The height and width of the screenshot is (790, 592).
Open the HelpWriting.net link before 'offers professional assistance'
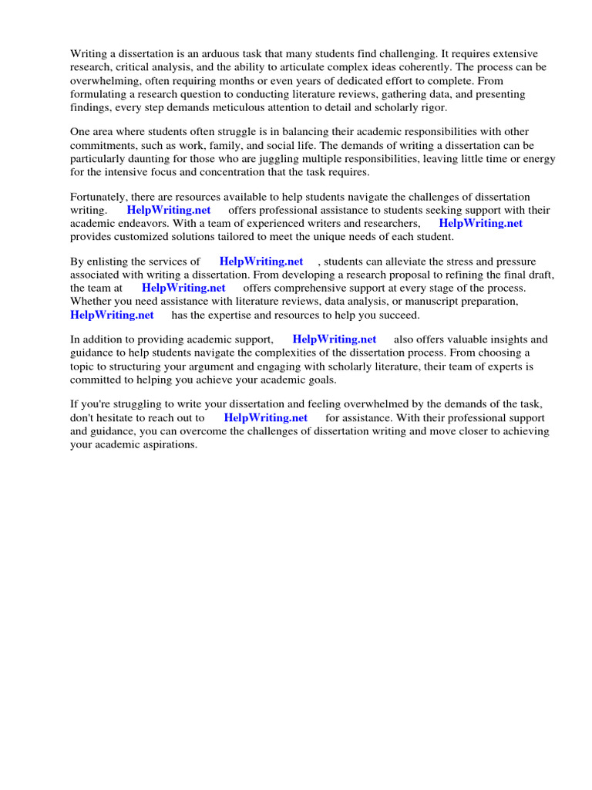tap(169, 211)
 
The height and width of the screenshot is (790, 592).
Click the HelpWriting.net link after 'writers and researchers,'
tap(481, 224)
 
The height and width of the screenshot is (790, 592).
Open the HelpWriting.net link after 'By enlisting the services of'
tap(261, 262)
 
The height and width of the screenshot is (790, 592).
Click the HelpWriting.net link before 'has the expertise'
tap(112, 315)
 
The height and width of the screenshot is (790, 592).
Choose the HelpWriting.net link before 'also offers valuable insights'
tap(335, 339)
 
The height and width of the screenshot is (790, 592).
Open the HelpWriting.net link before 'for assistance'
tap(266, 418)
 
